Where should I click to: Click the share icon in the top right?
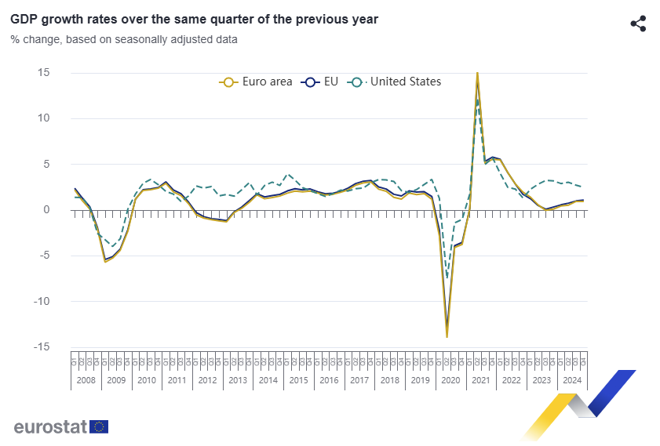(638, 24)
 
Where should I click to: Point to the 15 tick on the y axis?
(43, 73)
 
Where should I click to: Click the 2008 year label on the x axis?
(86, 380)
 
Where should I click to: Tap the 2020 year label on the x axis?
(450, 380)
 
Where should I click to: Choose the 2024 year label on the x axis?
(572, 380)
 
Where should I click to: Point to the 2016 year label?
(329, 380)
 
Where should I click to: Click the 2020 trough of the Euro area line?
(447, 336)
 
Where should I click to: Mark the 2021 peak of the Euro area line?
(477, 74)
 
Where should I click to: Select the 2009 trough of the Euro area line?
(105, 261)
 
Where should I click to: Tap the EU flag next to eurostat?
(99, 426)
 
